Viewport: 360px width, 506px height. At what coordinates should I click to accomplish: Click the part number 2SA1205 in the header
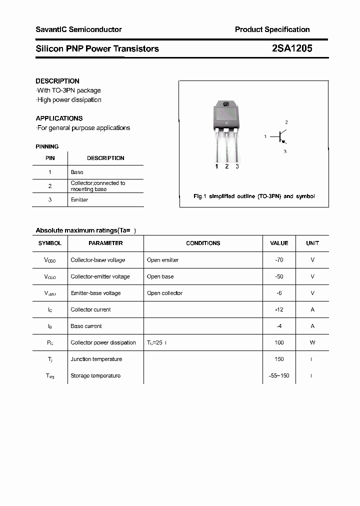click(292, 48)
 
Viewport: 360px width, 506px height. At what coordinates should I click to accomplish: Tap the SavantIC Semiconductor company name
click(78, 29)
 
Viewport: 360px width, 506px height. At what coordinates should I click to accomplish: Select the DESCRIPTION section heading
click(57, 81)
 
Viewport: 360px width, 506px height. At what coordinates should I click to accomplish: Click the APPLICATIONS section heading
click(59, 118)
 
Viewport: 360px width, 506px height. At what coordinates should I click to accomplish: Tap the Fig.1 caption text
click(254, 196)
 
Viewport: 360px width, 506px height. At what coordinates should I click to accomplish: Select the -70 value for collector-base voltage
click(279, 260)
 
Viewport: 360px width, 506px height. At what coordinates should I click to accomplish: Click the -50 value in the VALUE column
click(279, 276)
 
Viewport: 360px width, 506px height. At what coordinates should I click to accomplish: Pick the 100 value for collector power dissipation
click(279, 342)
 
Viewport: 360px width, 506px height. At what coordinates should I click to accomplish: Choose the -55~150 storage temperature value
click(279, 375)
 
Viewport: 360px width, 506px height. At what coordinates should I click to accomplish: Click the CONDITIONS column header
click(203, 243)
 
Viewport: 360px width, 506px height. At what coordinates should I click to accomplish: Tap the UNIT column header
click(312, 243)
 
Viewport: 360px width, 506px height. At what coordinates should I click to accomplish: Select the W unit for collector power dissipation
click(312, 342)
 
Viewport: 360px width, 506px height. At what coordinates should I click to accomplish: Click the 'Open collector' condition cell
click(164, 293)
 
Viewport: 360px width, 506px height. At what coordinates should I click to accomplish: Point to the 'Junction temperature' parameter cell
click(96, 359)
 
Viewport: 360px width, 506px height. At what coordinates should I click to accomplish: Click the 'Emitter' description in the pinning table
click(79, 200)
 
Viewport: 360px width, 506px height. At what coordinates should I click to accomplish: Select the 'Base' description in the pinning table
click(77, 172)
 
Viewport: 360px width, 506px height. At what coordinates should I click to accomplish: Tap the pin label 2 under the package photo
click(227, 166)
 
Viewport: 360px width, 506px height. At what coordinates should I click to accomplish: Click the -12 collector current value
click(279, 309)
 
